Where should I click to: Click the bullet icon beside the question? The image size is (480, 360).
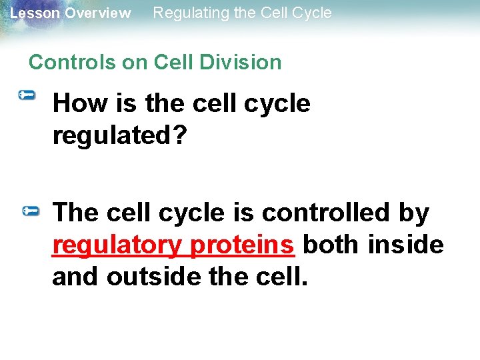point(27,97)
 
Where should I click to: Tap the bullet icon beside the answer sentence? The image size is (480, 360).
point(31,211)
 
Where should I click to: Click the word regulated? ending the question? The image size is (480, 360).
point(120,135)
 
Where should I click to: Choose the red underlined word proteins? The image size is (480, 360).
point(242,245)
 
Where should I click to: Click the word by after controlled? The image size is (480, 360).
point(414,213)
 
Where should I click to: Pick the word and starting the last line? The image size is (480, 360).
point(75,276)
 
